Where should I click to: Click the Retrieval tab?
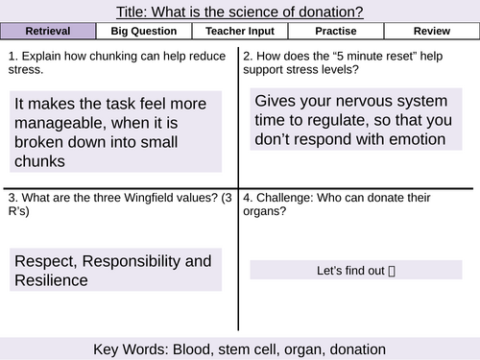[48, 32]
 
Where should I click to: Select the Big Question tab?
[144, 32]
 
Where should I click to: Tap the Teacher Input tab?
[239, 32]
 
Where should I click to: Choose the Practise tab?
[335, 32]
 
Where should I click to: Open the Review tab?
[430, 32]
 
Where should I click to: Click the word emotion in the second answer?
[414, 139]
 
